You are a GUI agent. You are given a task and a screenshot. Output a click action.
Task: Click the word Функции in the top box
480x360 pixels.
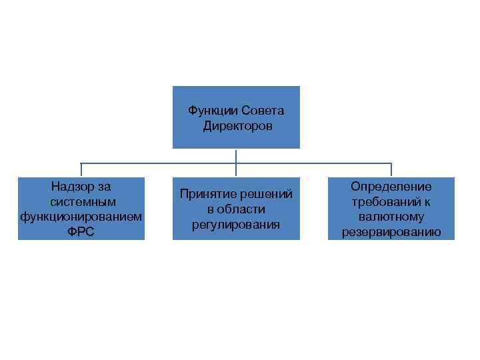click(x=212, y=111)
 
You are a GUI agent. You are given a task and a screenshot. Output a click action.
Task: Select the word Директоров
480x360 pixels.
click(x=237, y=126)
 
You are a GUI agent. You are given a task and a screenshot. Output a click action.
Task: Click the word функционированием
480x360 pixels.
click(x=81, y=217)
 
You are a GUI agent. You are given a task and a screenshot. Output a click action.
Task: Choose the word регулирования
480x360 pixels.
click(x=236, y=225)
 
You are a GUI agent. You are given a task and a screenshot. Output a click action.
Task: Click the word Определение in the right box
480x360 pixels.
click(x=391, y=187)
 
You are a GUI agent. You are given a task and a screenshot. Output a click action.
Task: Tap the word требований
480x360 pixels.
click(x=386, y=202)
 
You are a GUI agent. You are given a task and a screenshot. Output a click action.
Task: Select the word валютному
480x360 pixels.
click(x=391, y=217)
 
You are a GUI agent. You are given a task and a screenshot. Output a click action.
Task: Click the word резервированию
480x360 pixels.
click(x=391, y=233)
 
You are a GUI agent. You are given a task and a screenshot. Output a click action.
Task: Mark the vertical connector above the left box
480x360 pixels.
click(x=81, y=170)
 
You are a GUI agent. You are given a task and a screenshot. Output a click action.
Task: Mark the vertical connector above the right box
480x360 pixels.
click(x=391, y=170)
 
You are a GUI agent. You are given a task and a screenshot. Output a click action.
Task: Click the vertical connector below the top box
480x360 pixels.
click(x=236, y=157)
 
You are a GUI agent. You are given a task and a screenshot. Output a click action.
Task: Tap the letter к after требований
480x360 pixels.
click(x=427, y=202)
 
